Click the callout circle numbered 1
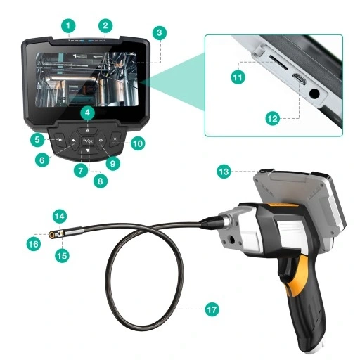(68, 26)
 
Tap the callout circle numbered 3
(160, 32)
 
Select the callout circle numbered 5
(37, 140)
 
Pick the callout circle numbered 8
(101, 181)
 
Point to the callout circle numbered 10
(138, 143)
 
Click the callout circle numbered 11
(238, 77)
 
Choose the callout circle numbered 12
(273, 118)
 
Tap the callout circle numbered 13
(224, 172)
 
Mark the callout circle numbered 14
(60, 216)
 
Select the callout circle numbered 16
(34, 244)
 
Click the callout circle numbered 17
(212, 309)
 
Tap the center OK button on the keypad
(87, 141)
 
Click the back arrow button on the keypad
(74, 141)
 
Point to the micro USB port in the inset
(299, 79)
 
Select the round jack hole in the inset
(314, 94)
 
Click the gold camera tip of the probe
(52, 235)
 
